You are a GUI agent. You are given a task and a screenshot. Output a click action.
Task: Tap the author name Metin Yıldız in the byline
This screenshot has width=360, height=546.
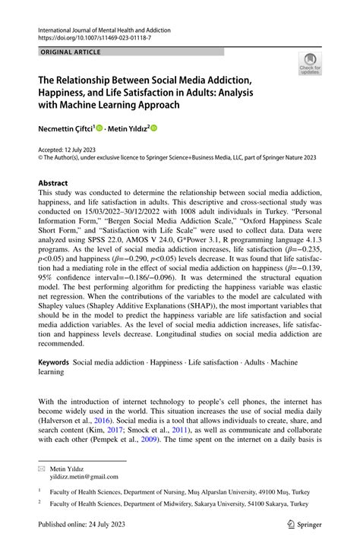(126, 129)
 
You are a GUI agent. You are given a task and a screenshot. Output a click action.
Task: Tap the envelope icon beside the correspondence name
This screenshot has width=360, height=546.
(42, 468)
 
